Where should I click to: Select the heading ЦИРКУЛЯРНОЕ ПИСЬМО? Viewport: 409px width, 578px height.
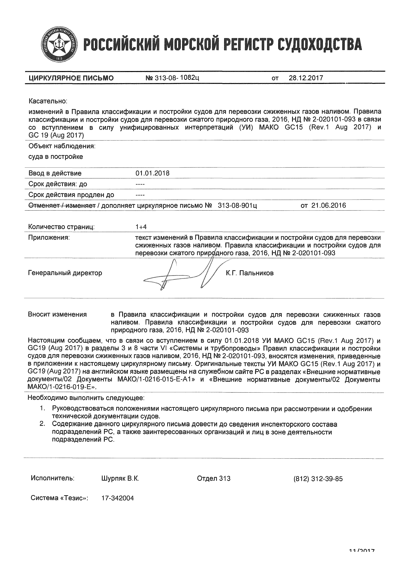point(71,78)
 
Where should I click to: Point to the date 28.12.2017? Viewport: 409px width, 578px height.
point(306,78)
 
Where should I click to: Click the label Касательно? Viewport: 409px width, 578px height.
point(48,101)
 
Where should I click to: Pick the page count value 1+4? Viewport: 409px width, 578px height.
point(141,227)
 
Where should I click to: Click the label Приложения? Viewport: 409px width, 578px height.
point(49,237)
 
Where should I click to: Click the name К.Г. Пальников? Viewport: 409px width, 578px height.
point(250,273)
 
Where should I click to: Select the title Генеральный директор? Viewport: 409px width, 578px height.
point(65,273)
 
